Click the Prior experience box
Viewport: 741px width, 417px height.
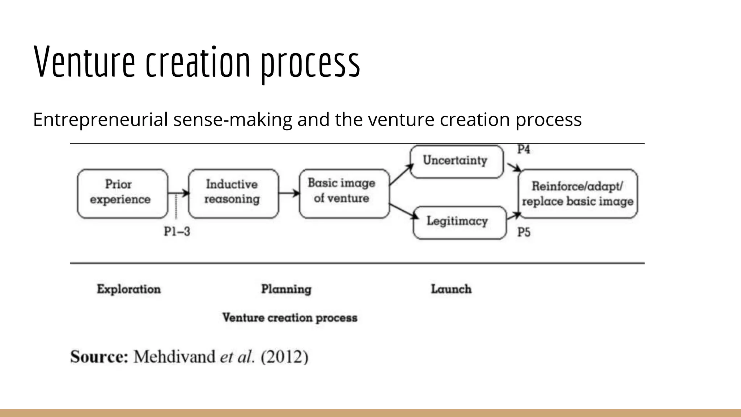point(122,193)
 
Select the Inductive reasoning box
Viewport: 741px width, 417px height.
point(233,193)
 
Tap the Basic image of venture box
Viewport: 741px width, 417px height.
point(344,193)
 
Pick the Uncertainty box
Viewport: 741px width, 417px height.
point(456,161)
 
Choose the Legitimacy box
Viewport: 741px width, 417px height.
point(459,222)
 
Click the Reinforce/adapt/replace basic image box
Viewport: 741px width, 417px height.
point(578,193)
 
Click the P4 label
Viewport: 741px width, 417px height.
point(524,149)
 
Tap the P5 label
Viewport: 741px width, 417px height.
point(524,232)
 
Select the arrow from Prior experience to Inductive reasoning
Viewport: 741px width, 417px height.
point(178,193)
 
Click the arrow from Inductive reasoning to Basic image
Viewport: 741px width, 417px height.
point(289,193)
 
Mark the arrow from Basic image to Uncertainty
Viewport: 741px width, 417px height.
point(401,174)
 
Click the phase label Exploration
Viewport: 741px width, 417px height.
point(129,289)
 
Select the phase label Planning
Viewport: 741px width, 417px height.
point(286,289)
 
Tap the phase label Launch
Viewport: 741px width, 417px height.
point(451,289)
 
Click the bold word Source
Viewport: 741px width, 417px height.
point(99,357)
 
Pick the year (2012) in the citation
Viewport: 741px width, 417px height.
point(284,357)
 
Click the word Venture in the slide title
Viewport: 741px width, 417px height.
point(84,62)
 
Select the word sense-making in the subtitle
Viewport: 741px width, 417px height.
point(232,119)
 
